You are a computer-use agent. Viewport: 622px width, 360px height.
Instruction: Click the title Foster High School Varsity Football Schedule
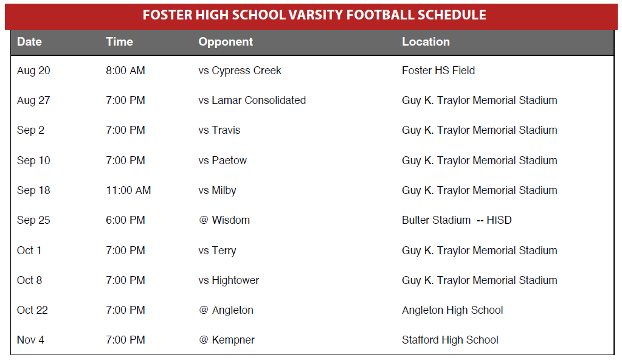click(314, 15)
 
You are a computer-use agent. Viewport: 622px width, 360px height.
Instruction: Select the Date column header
click(29, 42)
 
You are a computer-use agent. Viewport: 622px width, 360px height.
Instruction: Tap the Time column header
click(119, 42)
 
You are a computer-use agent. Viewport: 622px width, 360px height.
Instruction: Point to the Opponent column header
click(226, 42)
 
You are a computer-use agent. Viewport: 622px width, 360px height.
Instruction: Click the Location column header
click(426, 42)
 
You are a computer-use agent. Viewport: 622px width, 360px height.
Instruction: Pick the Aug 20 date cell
click(33, 71)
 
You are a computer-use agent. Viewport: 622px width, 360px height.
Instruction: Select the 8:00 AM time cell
click(125, 71)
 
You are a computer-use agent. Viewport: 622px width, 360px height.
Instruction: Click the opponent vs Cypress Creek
click(240, 71)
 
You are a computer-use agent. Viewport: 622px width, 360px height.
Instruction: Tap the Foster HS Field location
click(438, 71)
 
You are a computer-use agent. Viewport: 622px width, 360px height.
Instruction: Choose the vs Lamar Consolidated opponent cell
click(252, 100)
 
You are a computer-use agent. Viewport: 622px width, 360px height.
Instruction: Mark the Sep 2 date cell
click(30, 131)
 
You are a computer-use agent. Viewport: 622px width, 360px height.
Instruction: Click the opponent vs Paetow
click(223, 161)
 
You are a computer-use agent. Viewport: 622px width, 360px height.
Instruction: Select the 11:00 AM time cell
click(128, 190)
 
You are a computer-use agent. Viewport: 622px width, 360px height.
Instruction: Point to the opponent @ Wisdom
click(224, 220)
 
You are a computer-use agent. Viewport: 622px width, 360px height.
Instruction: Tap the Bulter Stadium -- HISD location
click(457, 220)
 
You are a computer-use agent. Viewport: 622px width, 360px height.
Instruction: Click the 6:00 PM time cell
click(125, 220)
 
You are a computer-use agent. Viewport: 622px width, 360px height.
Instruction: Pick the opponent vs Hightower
click(229, 280)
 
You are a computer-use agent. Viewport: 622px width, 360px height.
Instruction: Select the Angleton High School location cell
click(452, 310)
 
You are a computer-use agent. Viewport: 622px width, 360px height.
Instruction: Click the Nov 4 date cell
click(30, 340)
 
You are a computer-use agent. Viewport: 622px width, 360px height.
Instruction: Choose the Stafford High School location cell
click(450, 340)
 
